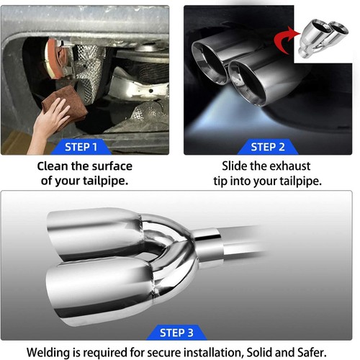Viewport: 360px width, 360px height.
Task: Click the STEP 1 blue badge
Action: point(81,147)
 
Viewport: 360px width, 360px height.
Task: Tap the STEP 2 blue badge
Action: point(268,147)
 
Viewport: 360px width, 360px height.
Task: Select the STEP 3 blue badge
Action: point(176,333)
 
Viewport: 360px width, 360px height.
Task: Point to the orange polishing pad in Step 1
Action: point(54,59)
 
